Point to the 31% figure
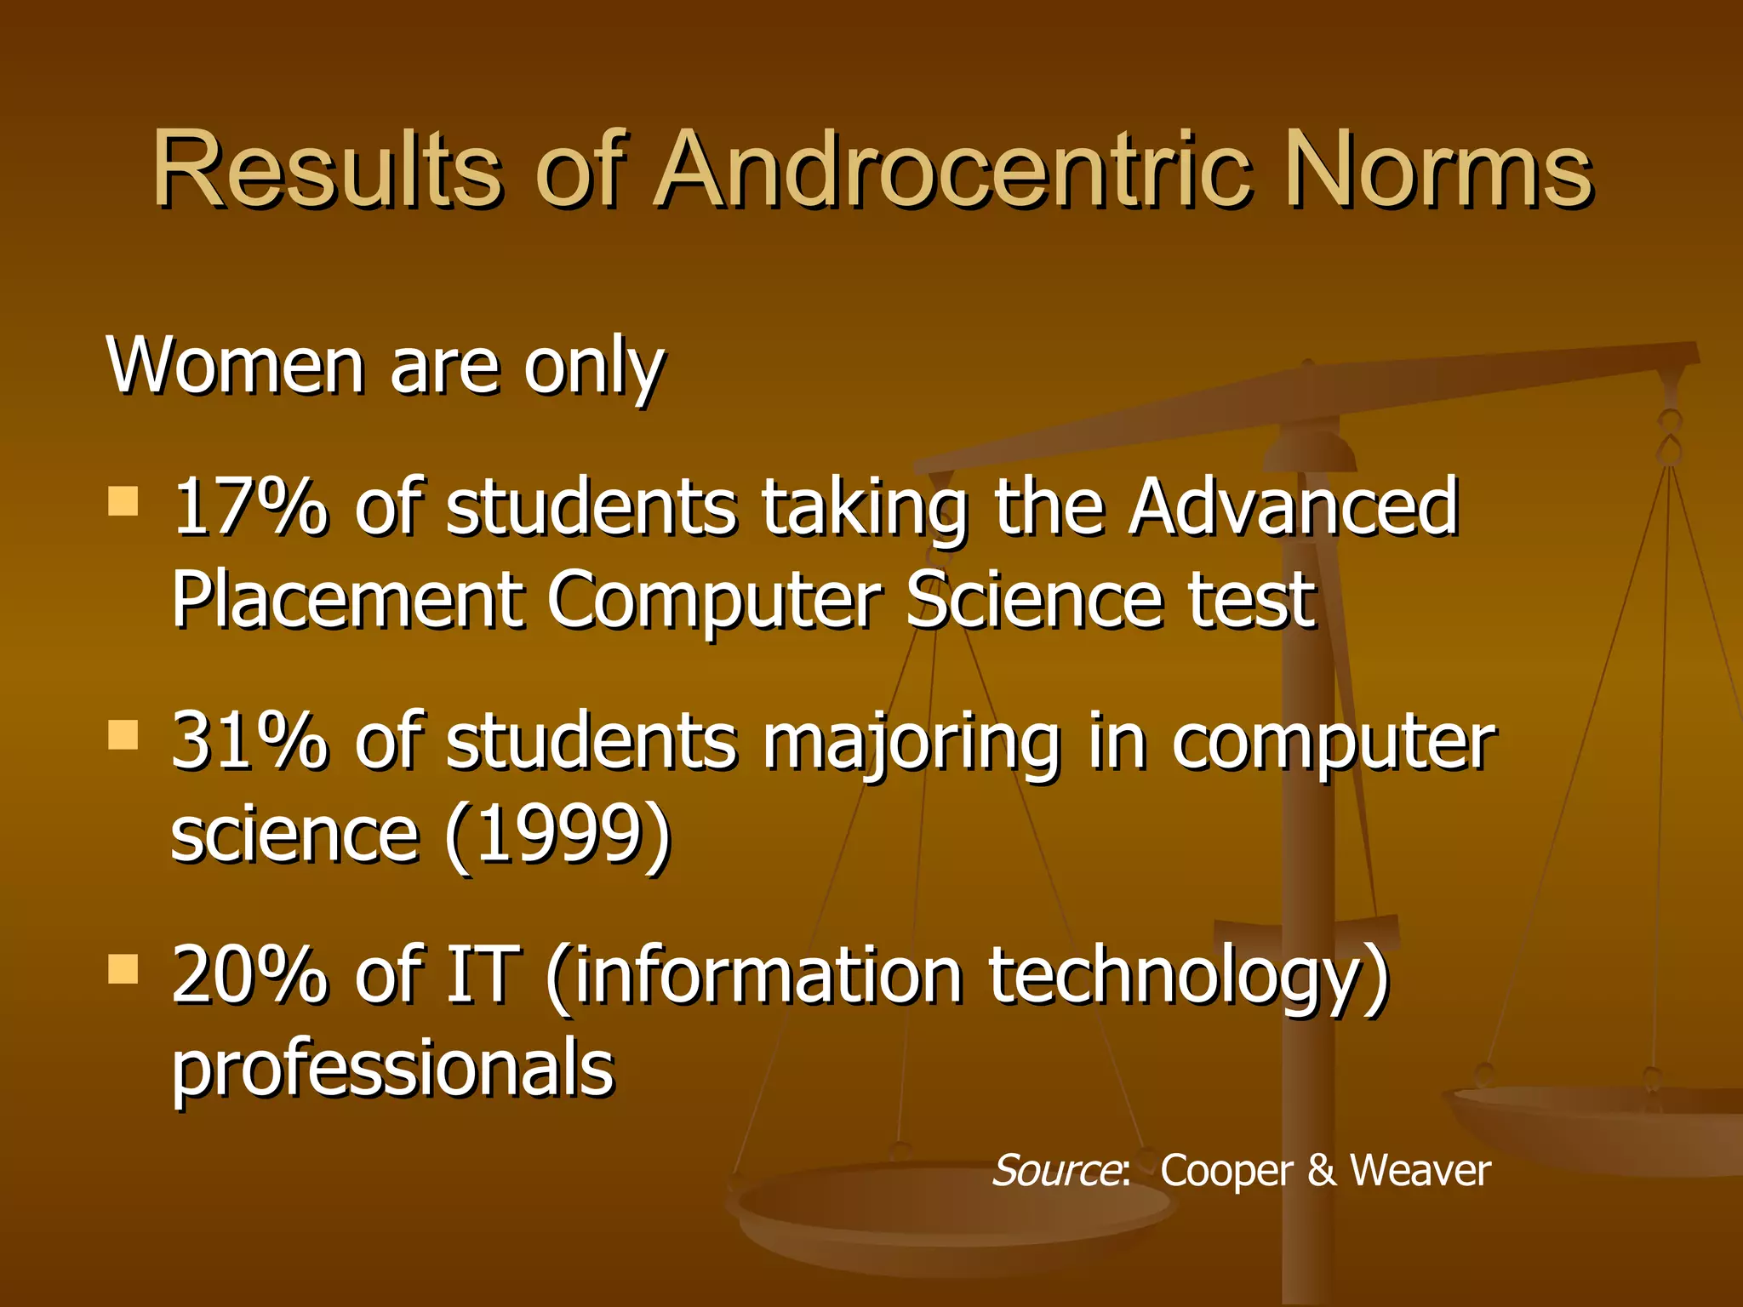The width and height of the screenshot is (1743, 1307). tap(249, 742)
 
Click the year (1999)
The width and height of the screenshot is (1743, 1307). tap(558, 836)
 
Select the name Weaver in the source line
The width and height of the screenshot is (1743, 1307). tap(1420, 1171)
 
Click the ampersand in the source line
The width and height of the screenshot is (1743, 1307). tap(1322, 1171)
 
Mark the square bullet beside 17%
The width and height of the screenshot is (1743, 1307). tap(123, 501)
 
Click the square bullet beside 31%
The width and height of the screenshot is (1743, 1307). tap(123, 735)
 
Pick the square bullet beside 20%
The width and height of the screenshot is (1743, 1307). tap(123, 968)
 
